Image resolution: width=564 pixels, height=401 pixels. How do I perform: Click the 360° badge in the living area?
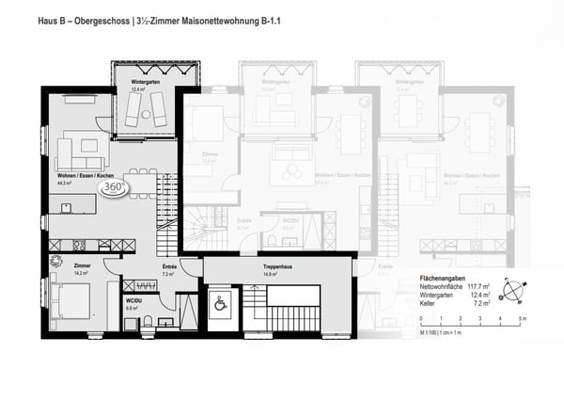[x=113, y=187]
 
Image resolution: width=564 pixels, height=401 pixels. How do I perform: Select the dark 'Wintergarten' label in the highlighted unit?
[x=144, y=83]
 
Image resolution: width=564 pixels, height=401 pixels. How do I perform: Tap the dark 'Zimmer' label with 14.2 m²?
[x=69, y=266]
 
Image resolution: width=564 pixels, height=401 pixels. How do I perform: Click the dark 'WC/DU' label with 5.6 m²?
[x=132, y=300]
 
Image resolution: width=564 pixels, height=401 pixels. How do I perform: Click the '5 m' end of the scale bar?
[x=523, y=321]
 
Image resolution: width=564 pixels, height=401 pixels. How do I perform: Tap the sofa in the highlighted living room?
[x=80, y=149]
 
